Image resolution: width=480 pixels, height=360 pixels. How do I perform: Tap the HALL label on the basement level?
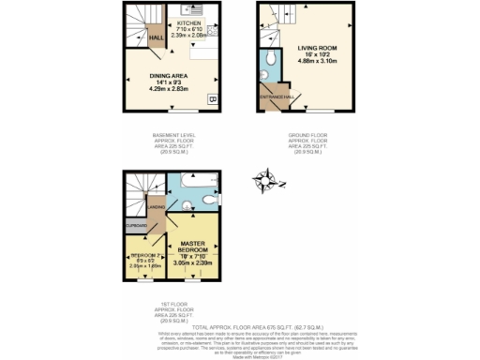pyautogui.click(x=157, y=38)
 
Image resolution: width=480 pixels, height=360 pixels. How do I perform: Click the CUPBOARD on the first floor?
pyautogui.click(x=136, y=226)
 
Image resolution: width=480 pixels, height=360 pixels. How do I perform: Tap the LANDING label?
pyautogui.click(x=157, y=208)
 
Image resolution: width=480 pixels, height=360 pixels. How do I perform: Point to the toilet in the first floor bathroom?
pyautogui.click(x=213, y=199)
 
